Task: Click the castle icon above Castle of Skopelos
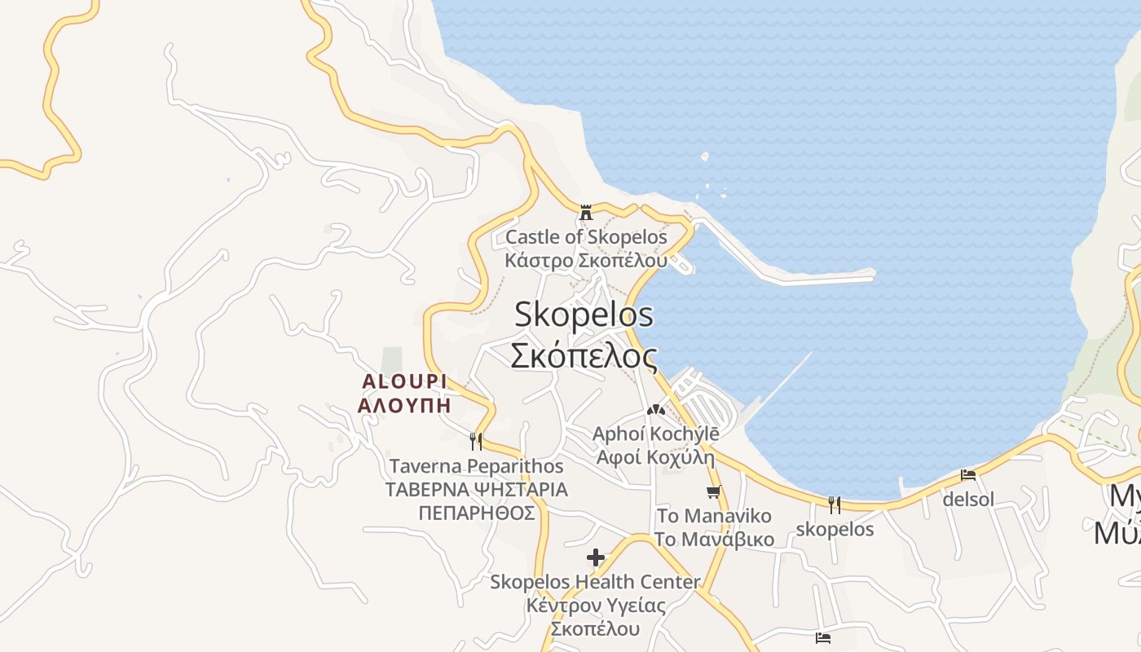pyautogui.click(x=585, y=213)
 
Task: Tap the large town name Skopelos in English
pyautogui.click(x=584, y=315)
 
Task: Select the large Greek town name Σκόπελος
pyautogui.click(x=584, y=355)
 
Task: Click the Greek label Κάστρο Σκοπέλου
pyautogui.click(x=585, y=261)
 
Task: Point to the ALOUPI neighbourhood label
pyautogui.click(x=404, y=381)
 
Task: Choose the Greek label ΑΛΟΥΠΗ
pyautogui.click(x=404, y=405)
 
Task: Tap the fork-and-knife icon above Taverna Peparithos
pyautogui.click(x=476, y=441)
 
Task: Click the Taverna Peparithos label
pyautogui.click(x=476, y=466)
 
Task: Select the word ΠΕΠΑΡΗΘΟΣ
pyautogui.click(x=476, y=513)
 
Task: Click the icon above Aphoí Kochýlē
pyautogui.click(x=655, y=410)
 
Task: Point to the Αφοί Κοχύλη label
pyautogui.click(x=655, y=456)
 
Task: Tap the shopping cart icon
pyautogui.click(x=714, y=491)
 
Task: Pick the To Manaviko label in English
pyautogui.click(x=714, y=516)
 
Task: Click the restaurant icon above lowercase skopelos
pyautogui.click(x=834, y=504)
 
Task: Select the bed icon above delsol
pyautogui.click(x=968, y=475)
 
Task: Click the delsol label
pyautogui.click(x=968, y=499)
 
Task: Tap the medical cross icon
pyautogui.click(x=596, y=557)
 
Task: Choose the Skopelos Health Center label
pyautogui.click(x=595, y=582)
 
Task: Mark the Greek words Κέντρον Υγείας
pyautogui.click(x=595, y=606)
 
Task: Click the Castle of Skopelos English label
pyautogui.click(x=585, y=237)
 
